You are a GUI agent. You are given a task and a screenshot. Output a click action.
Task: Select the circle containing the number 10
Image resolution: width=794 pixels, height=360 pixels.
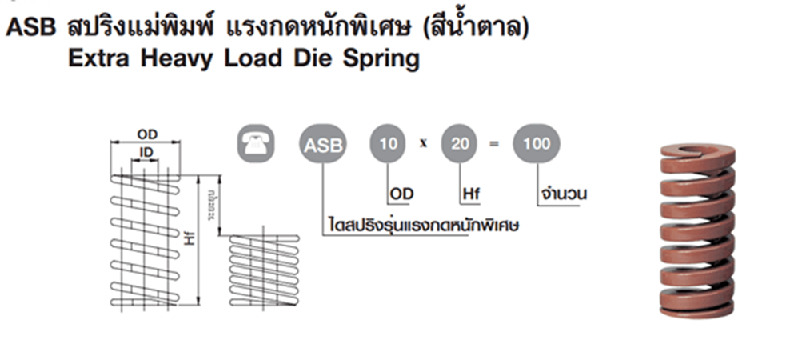point(389,145)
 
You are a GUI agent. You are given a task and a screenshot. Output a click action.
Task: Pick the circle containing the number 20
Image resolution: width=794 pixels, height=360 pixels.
point(461,145)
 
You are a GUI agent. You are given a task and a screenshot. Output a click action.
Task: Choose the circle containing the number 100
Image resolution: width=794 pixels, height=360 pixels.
point(536,145)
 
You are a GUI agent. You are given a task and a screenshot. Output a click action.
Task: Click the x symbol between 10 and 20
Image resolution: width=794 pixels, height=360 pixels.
point(425,145)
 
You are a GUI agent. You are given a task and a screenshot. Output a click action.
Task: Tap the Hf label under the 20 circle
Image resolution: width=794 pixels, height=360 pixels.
point(470,193)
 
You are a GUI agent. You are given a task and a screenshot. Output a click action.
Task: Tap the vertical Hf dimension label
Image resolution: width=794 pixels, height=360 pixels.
point(190,238)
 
